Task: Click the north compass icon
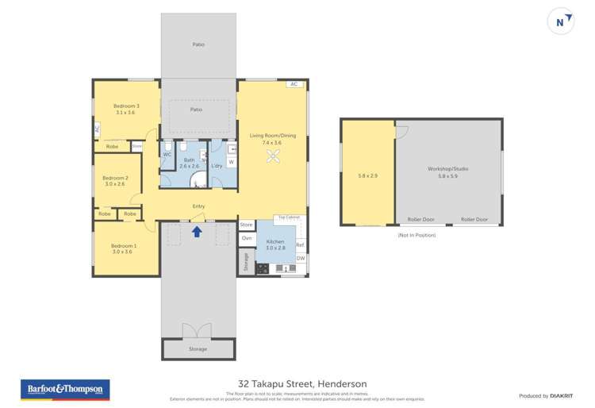(x=560, y=22)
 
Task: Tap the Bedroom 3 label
(x=126, y=106)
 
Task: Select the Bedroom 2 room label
(x=115, y=178)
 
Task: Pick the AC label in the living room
(x=293, y=83)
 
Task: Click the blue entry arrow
(x=198, y=231)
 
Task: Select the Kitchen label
(x=274, y=241)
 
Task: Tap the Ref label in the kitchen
(x=300, y=244)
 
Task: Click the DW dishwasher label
(x=301, y=258)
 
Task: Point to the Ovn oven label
(x=246, y=238)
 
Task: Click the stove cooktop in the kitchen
(x=262, y=268)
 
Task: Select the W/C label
(x=167, y=154)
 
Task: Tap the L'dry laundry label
(x=217, y=165)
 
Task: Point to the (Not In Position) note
(x=420, y=236)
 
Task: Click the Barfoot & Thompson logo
(x=65, y=390)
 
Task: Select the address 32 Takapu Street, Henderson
(x=297, y=383)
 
